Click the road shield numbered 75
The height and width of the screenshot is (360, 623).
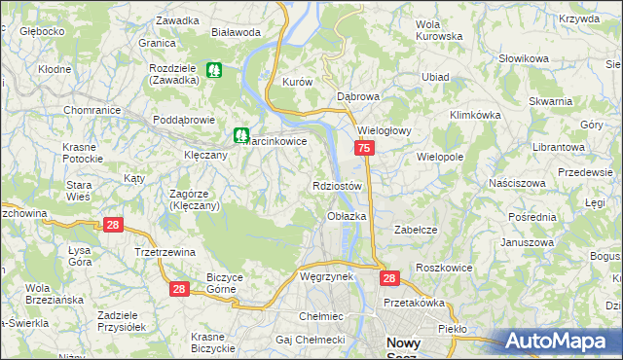coord(364,149)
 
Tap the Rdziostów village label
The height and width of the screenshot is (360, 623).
coord(338,186)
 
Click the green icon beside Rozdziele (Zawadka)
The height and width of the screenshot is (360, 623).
coord(214,71)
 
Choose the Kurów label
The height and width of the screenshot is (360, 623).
coord(296,83)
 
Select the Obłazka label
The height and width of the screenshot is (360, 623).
coord(347,216)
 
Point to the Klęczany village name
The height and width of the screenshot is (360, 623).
coord(205,155)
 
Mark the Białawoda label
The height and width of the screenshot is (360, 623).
coord(236,32)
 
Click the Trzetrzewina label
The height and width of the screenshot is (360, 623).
coord(165,252)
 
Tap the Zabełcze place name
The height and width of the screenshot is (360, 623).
coord(413,230)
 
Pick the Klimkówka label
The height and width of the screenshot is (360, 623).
coord(475,115)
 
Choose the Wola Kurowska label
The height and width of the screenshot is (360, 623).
coord(438,30)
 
